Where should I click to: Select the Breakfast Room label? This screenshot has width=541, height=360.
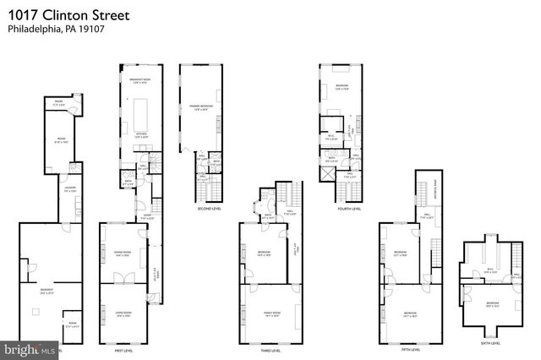click(x=139, y=80)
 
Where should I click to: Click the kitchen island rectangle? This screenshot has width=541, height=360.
click(x=139, y=111)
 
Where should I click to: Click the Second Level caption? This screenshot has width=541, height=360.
click(x=209, y=208)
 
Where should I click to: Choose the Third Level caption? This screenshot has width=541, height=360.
click(x=270, y=349)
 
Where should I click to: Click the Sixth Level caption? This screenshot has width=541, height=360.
click(x=490, y=343)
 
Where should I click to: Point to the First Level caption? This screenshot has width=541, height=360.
click(x=126, y=349)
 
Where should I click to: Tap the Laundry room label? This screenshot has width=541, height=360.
click(x=71, y=190)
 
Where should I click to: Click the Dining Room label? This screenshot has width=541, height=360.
click(x=122, y=253)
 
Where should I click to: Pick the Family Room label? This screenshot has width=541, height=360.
click(x=270, y=314)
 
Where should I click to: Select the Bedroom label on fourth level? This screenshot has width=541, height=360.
click(x=342, y=87)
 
